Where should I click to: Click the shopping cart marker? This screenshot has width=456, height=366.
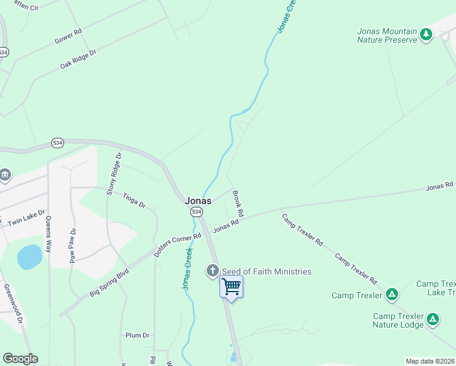click(x=231, y=285)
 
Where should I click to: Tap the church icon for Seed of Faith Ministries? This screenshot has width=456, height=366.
click(x=213, y=270)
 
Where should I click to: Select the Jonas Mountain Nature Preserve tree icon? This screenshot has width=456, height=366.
click(x=426, y=35)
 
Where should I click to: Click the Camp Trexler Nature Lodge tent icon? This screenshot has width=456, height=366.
click(x=433, y=319)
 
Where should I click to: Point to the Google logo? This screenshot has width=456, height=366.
click(x=20, y=359)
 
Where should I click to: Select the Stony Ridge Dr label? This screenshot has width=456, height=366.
click(x=115, y=174)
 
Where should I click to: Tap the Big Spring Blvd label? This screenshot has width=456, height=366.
click(x=110, y=282)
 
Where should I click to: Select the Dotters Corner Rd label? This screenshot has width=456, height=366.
click(x=177, y=245)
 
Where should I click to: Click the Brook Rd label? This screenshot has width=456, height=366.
click(x=238, y=204)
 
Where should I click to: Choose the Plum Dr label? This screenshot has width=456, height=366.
click(x=137, y=335)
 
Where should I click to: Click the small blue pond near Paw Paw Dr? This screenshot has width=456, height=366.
click(x=29, y=257)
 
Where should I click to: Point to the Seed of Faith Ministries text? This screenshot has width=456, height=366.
click(x=266, y=271)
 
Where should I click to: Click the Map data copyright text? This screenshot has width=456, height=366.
click(x=430, y=361)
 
